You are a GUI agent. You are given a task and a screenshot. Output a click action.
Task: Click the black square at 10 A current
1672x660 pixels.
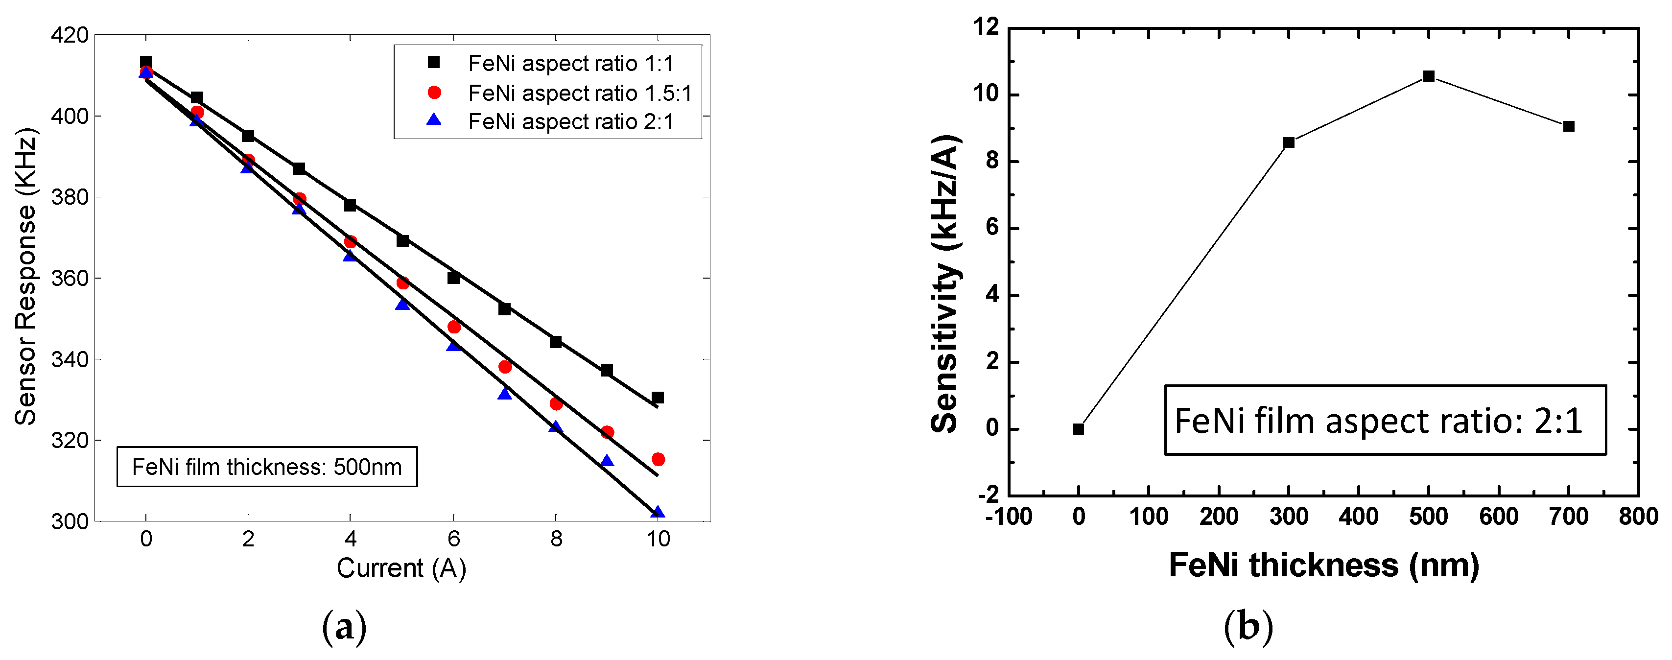click(x=658, y=398)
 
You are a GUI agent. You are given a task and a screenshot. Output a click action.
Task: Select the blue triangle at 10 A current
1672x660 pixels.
click(x=658, y=513)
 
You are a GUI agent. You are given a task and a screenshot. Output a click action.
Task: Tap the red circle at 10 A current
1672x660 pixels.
click(x=658, y=459)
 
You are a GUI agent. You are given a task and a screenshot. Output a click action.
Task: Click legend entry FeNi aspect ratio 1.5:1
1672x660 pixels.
click(x=580, y=93)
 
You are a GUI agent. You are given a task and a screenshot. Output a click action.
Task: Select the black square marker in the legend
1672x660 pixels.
click(x=434, y=62)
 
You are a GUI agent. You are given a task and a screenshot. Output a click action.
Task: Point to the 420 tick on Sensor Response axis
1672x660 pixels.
click(x=70, y=35)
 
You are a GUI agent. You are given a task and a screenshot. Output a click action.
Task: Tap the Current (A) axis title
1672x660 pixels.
click(x=401, y=568)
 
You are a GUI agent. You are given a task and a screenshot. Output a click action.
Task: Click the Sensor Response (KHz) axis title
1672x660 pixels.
click(x=26, y=277)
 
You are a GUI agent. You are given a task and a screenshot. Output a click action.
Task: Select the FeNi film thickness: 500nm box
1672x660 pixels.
click(x=267, y=467)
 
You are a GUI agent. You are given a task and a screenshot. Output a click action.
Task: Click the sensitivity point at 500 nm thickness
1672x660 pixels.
click(x=1429, y=76)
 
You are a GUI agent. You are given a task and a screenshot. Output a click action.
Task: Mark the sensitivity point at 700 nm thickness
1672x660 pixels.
click(x=1569, y=126)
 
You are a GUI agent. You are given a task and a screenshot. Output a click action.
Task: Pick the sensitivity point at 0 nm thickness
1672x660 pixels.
click(x=1079, y=429)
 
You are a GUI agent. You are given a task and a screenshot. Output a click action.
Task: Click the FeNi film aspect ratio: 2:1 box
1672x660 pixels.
click(x=1385, y=421)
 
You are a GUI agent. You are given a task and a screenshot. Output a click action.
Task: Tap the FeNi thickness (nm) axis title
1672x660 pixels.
click(x=1324, y=565)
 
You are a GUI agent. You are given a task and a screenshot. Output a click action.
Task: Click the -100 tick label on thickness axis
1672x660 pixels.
click(x=1008, y=517)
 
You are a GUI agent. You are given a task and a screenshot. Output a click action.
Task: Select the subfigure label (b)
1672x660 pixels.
click(x=1248, y=627)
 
